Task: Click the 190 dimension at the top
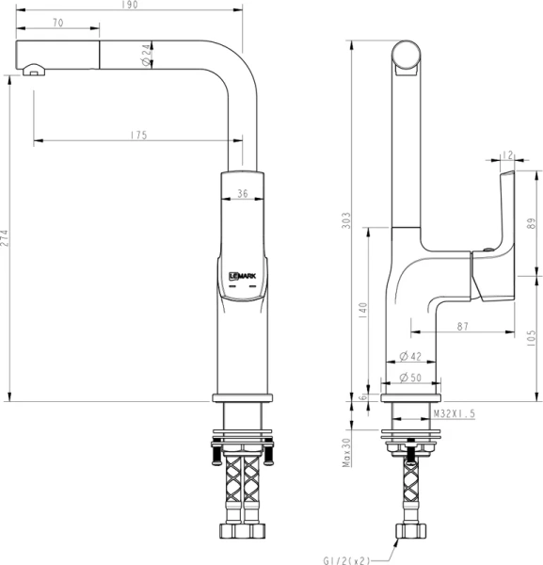click(131, 6)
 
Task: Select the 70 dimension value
click(58, 22)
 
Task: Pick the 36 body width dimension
click(243, 193)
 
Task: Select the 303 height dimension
click(347, 220)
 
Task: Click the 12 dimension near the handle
click(507, 154)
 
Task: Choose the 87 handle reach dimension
click(462, 326)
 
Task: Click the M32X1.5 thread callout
click(453, 413)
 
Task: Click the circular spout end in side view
click(408, 56)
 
